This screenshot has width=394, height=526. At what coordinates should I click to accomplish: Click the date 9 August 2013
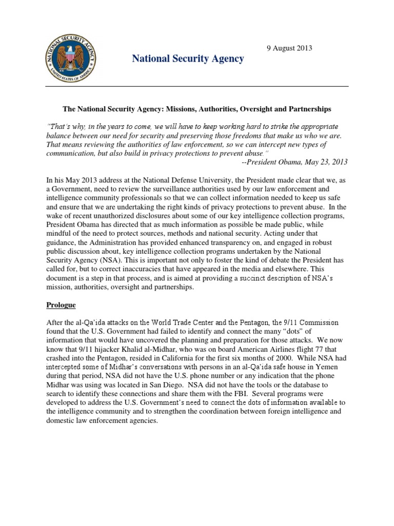click(x=289, y=48)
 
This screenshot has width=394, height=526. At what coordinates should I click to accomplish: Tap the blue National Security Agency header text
click(x=188, y=59)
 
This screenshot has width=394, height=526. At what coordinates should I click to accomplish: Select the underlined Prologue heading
click(x=61, y=305)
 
